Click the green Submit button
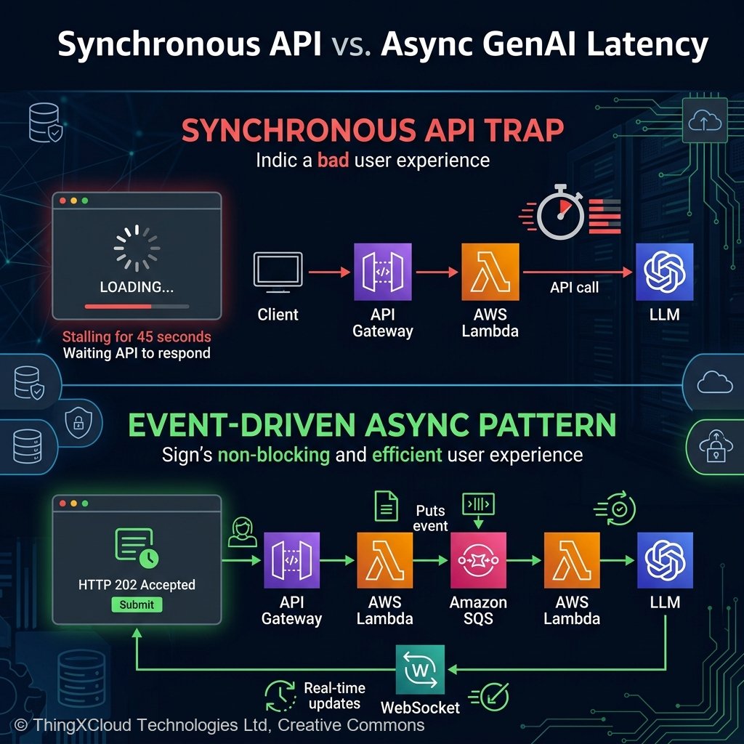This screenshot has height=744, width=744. click(137, 604)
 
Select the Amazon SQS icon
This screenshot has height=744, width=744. click(479, 561)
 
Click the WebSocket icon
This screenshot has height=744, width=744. click(420, 669)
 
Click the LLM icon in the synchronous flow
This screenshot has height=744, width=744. click(664, 272)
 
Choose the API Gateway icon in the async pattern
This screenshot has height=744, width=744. click(291, 561)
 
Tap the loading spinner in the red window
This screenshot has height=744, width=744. click(137, 248)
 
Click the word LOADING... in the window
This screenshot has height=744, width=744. click(137, 287)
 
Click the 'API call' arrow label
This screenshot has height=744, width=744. click(574, 287)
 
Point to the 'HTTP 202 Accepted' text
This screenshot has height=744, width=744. click(137, 584)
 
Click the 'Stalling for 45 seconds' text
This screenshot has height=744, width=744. click(137, 337)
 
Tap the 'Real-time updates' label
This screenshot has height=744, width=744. click(334, 695)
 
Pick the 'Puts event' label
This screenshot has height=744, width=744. click(431, 518)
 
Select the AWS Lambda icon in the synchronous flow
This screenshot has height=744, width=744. click(490, 272)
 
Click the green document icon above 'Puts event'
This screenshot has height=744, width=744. click(386, 506)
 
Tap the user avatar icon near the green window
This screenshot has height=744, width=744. click(243, 532)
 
